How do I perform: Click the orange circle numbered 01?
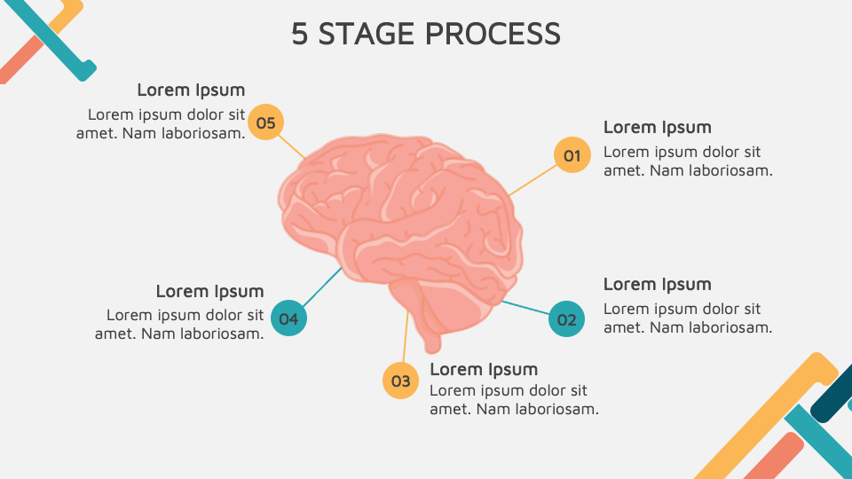pos(572,155)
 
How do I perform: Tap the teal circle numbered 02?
pos(566,319)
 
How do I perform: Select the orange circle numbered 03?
pos(400,381)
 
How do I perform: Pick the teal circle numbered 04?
pos(288,318)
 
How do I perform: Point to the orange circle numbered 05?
pos(265,122)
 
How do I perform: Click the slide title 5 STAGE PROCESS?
pos(426,34)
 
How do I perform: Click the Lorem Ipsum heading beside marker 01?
pos(657,127)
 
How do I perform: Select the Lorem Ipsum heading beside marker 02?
pos(657,284)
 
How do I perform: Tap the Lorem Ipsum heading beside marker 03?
pos(484,369)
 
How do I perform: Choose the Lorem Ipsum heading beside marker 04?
pos(209,291)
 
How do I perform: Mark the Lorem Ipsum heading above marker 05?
pos(191,90)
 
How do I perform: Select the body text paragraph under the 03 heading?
pos(513,400)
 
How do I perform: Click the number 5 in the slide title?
pos(300,34)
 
